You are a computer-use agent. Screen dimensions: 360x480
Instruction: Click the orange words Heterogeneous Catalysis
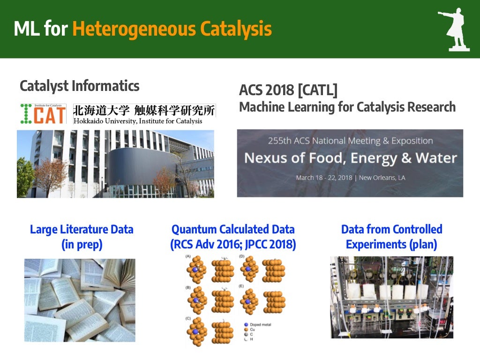coord(172,29)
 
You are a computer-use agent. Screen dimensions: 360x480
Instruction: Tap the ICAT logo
coord(44,114)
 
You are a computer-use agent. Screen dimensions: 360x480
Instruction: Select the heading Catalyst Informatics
coord(79,86)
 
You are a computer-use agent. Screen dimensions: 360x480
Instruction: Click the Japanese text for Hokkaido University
coord(144,111)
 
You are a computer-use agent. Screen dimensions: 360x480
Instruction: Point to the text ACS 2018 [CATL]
coord(288,90)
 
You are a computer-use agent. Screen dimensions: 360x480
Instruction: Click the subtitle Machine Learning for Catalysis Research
coord(347,107)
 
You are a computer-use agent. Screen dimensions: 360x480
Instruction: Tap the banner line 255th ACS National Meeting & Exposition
coord(350,141)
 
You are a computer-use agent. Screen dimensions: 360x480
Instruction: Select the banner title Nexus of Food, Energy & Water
coord(350,158)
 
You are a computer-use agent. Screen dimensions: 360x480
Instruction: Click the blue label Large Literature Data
coord(82,229)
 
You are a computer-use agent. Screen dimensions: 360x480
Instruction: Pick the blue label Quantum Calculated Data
coord(233,229)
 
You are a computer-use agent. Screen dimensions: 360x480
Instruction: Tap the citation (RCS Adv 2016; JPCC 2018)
coord(233,245)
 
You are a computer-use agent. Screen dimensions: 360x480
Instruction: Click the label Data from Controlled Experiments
coord(391,237)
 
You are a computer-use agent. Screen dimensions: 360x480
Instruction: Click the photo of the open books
coord(80,300)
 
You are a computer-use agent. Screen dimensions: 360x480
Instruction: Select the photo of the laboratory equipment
coord(391,297)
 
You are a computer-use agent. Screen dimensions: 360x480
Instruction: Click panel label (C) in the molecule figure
coord(188,319)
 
